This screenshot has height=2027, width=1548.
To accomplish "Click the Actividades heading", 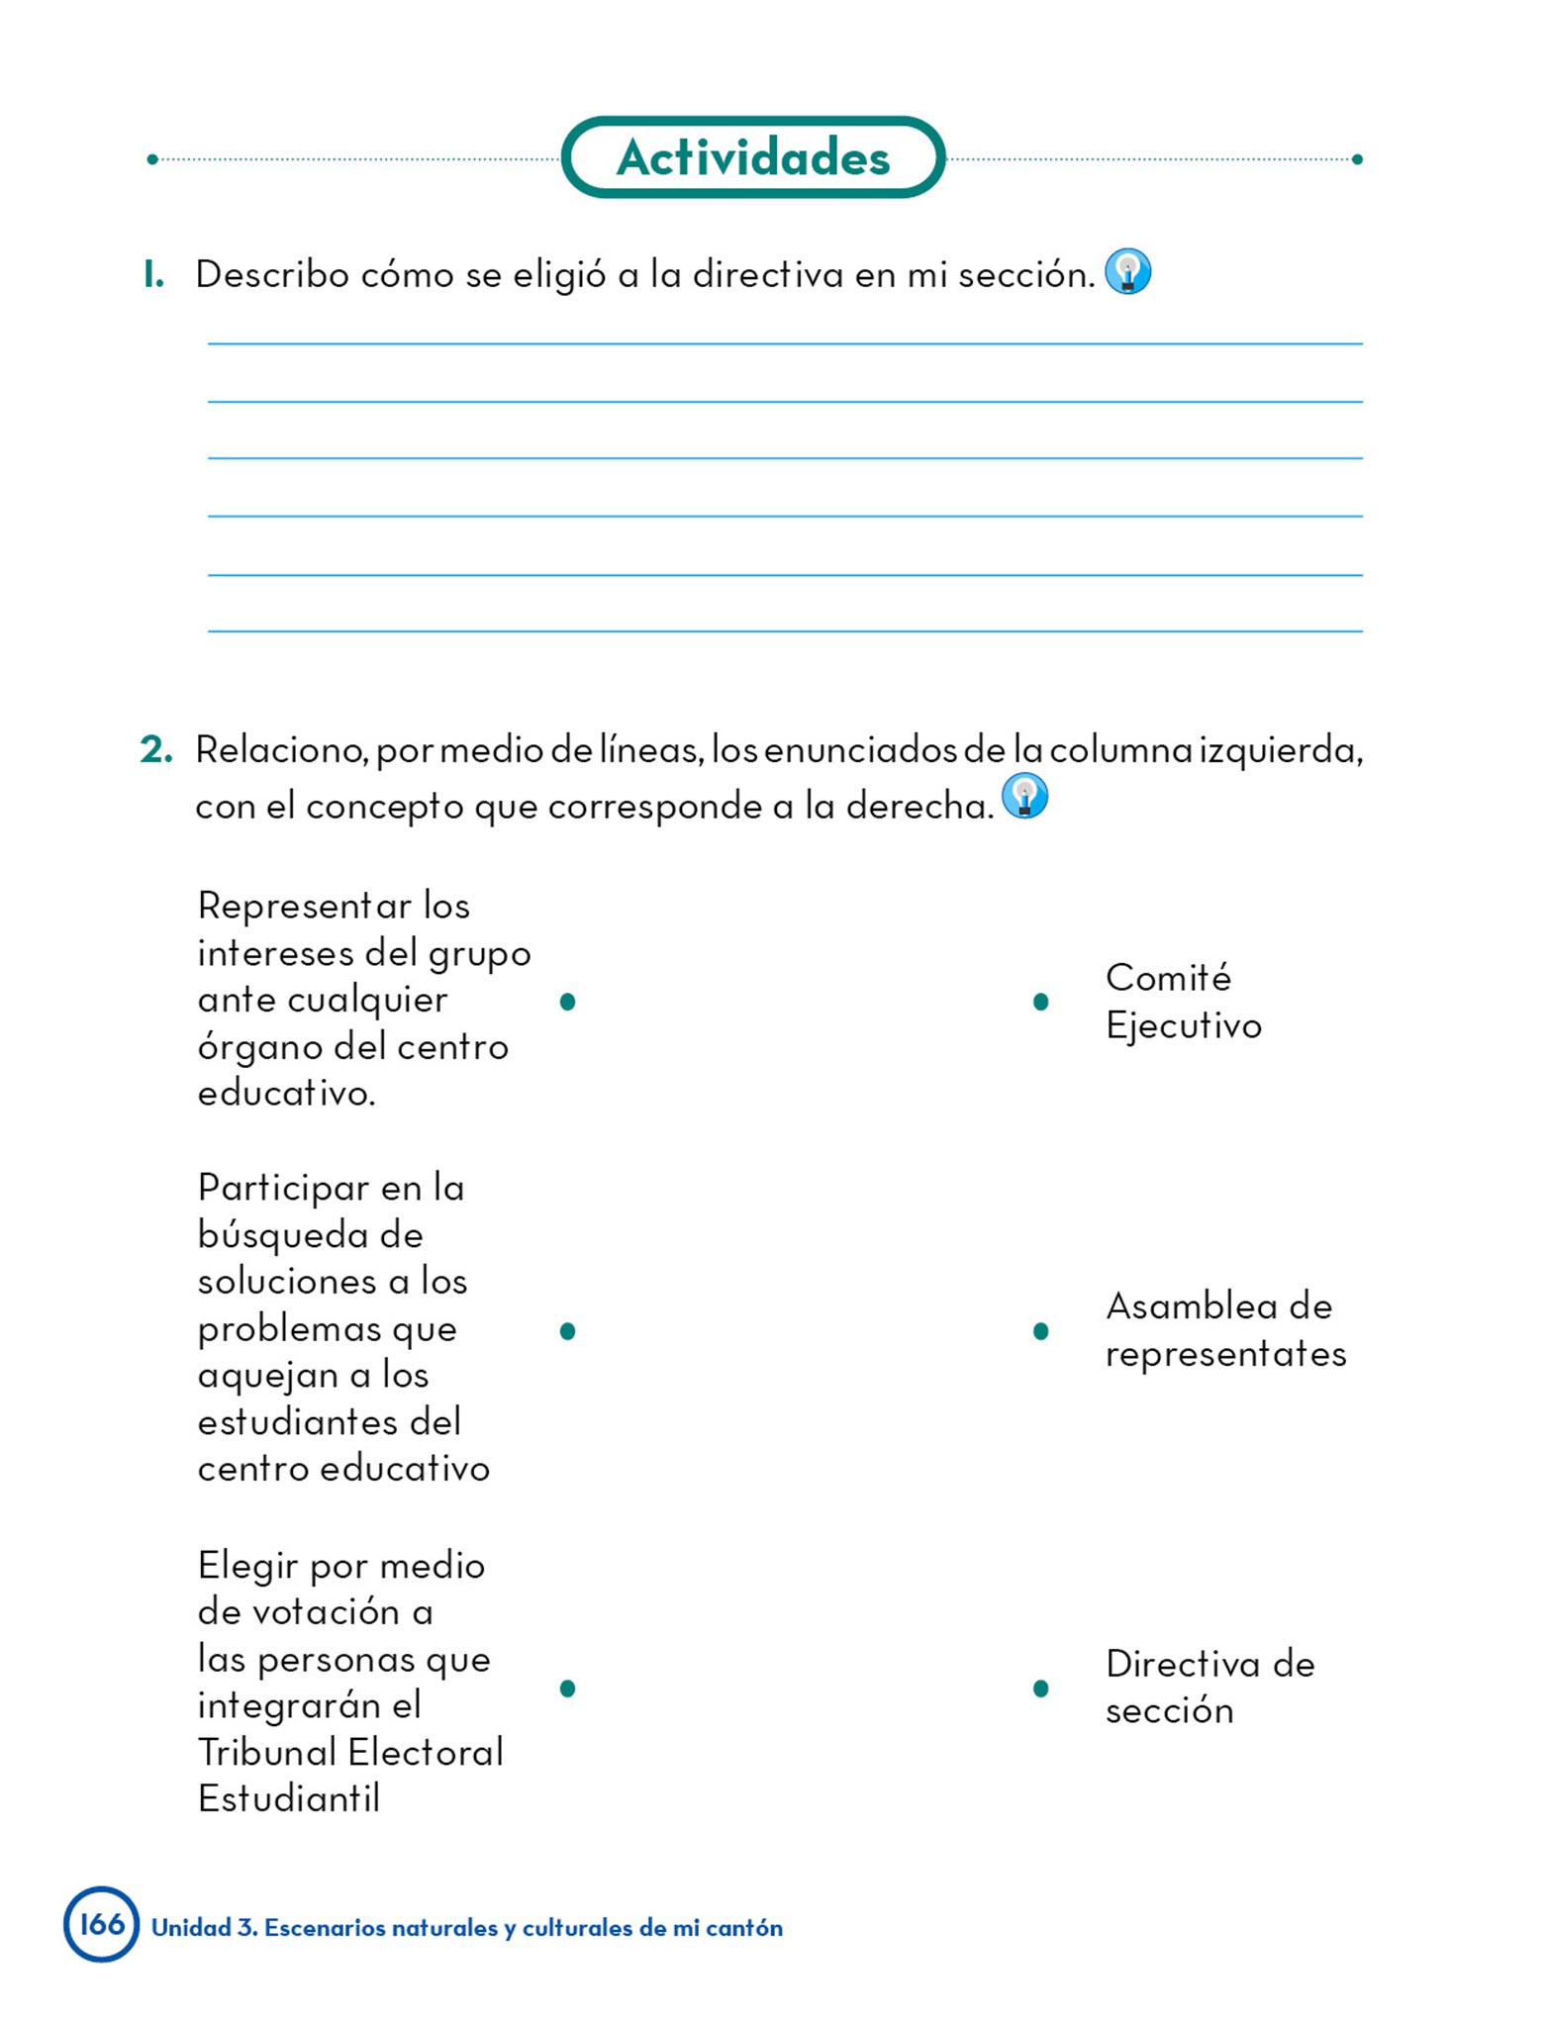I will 752,157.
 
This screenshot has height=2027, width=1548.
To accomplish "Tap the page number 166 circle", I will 102,1923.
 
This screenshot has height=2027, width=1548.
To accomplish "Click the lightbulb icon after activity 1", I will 1127,272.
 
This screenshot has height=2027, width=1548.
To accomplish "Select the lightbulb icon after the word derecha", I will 1024,796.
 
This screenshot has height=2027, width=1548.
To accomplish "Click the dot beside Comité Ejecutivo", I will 1040,1002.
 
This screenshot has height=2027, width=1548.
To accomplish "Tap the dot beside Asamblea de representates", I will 1040,1331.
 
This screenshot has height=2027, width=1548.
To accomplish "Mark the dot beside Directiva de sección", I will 1040,1688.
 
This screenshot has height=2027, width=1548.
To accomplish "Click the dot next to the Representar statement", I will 567,1002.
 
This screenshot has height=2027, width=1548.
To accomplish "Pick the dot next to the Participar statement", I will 567,1331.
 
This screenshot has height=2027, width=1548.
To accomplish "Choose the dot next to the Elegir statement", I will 567,1688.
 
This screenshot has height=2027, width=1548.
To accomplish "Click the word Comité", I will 1168,978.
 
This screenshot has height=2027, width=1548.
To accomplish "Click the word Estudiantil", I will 288,1798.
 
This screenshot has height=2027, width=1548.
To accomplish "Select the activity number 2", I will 155,750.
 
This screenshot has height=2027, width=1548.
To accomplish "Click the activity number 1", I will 152,274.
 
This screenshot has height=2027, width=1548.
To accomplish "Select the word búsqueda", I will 310,1235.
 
